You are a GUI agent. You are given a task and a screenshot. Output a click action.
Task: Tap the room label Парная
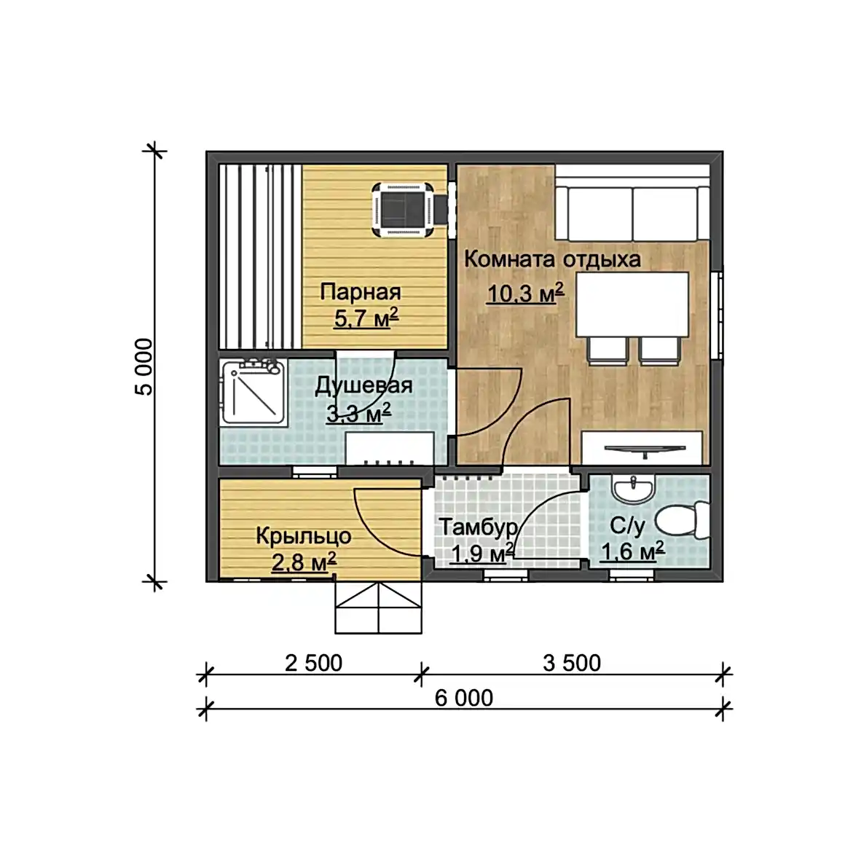coord(361,292)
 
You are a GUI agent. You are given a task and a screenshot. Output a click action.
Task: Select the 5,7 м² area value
coord(366,318)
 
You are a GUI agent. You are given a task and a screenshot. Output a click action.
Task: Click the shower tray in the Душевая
coord(253,392)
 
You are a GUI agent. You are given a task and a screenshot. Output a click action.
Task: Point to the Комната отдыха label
coord(552,259)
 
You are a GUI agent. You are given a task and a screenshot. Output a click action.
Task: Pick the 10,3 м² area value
coord(525,294)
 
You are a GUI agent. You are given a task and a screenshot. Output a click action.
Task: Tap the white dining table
coord(632,304)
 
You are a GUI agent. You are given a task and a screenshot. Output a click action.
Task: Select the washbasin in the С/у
coord(633,487)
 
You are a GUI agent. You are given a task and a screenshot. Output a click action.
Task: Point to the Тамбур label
coord(479,527)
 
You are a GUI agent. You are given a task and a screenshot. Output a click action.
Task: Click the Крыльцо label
coord(304,536)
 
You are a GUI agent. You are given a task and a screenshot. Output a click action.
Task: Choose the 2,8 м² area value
coord(304,562)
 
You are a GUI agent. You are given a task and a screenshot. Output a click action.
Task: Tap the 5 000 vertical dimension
coord(144,367)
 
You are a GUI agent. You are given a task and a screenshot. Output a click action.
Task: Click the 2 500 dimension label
coord(313,664)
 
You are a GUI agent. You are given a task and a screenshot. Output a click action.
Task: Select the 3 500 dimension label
coord(572,664)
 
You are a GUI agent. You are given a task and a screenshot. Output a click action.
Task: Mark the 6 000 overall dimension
coord(464,699)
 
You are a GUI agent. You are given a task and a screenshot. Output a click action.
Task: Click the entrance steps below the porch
coord(378,608)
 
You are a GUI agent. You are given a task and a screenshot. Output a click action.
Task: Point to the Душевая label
coord(363,386)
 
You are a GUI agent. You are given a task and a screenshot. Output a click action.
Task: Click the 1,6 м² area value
coord(632,551)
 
